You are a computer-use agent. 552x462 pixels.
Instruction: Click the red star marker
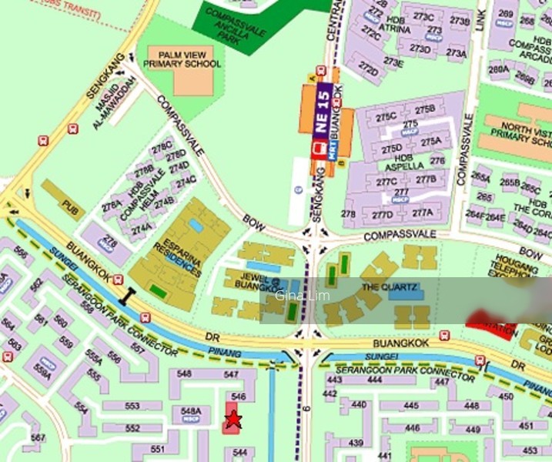pyautogui.click(x=233, y=420)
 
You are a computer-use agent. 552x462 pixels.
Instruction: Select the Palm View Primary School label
pyautogui.click(x=189, y=59)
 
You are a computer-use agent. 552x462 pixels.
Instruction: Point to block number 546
pyautogui.click(x=238, y=397)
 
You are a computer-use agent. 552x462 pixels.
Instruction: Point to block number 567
pyautogui.click(x=37, y=438)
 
